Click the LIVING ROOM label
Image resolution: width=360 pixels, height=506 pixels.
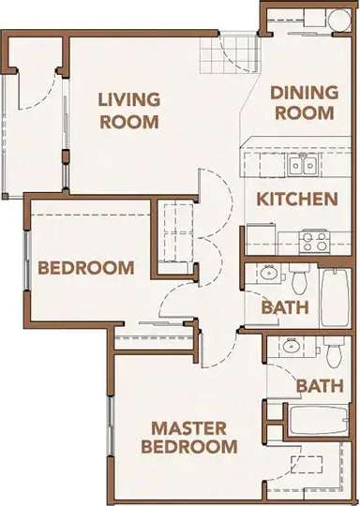[130, 110]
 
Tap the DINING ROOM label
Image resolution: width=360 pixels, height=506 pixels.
[303, 103]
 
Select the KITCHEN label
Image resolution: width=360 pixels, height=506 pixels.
[297, 199]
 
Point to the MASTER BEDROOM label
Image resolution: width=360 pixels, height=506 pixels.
[189, 438]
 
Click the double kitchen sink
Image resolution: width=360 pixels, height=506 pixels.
[302, 166]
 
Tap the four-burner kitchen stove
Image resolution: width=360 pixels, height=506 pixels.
[313, 241]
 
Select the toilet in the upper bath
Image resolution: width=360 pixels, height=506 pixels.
[299, 278]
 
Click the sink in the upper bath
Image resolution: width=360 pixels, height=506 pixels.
[269, 275]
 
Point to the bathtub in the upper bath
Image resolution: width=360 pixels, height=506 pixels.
[335, 297]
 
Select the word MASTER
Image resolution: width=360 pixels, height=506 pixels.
[190, 427]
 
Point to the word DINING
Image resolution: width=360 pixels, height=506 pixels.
[304, 93]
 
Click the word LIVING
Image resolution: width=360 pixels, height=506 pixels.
[130, 98]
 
